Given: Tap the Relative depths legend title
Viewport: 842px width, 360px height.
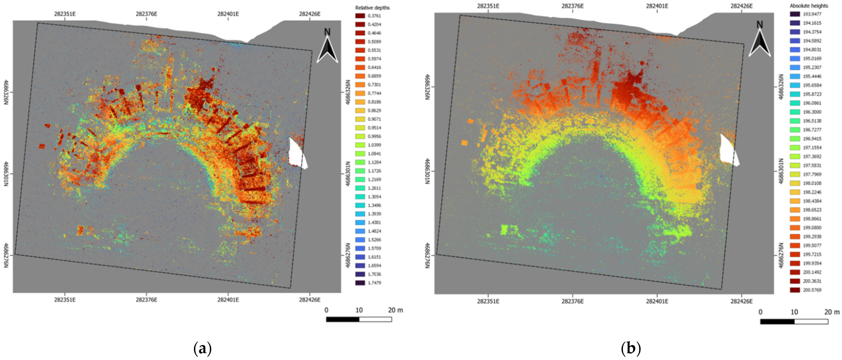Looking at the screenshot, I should click(372, 8).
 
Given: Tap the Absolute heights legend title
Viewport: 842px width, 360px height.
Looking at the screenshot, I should click(808, 6).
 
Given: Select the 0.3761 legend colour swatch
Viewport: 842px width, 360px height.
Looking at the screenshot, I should click(360, 16).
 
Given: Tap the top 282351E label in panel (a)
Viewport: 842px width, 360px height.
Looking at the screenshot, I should click(65, 14).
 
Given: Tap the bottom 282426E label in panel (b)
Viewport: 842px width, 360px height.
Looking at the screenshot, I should click(741, 301).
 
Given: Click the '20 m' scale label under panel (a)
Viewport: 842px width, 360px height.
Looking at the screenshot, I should click(395, 310).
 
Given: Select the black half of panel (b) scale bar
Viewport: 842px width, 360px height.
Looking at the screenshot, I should click(777, 322).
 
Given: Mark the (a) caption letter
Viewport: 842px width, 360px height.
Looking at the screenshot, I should click(203, 349).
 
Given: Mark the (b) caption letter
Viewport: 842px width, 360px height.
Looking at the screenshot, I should click(631, 349).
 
